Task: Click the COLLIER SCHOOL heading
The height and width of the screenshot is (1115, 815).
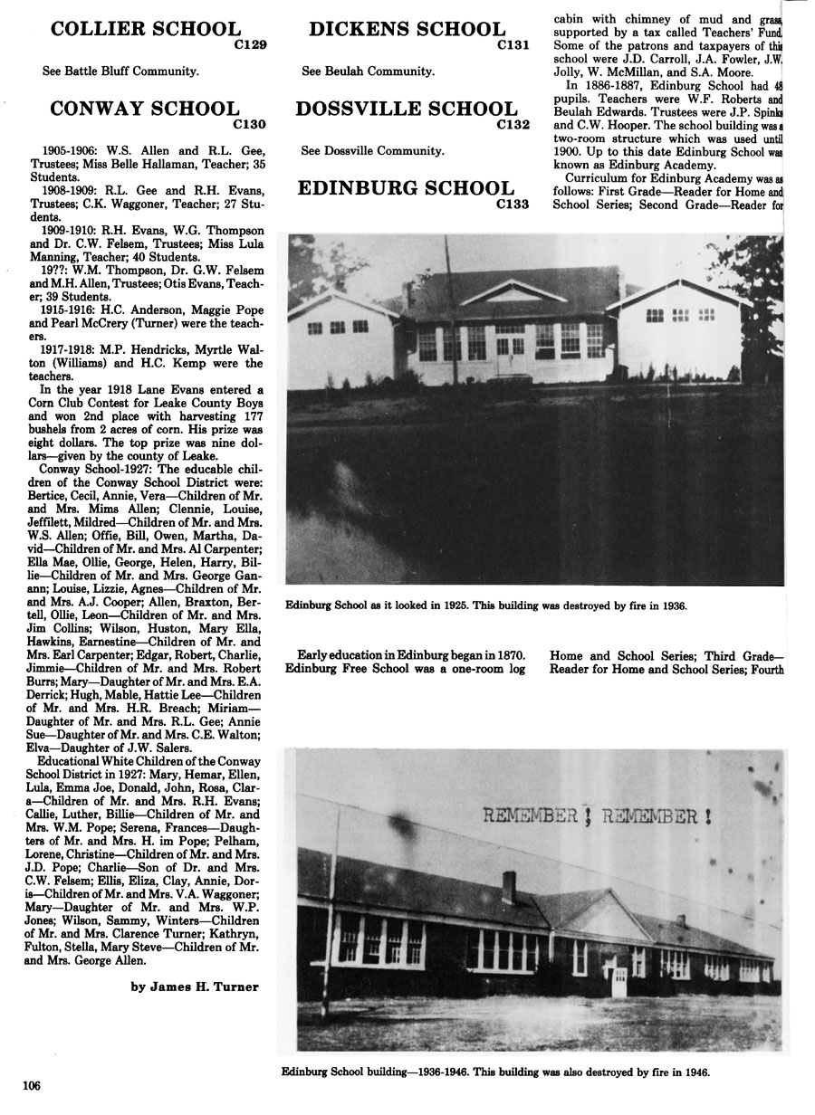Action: (146, 30)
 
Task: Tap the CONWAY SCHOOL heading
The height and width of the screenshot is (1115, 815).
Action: (144, 110)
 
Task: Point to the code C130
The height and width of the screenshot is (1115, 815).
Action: (249, 124)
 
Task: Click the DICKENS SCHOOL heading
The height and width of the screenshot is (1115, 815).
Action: (407, 30)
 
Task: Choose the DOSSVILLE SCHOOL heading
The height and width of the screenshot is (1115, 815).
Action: (407, 110)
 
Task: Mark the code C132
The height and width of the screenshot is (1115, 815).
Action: (513, 125)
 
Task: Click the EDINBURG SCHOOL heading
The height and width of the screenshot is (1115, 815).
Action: (405, 188)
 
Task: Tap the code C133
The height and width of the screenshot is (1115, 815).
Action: (513, 204)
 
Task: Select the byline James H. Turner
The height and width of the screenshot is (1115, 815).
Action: (194, 986)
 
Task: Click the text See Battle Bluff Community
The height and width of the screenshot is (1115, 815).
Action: (120, 70)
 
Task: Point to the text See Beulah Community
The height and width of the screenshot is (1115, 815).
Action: (368, 70)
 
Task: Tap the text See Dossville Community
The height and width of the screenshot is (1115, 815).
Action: (372, 150)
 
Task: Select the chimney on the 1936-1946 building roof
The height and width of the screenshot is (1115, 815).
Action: (509, 887)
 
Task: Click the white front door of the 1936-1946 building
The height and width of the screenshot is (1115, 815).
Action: (619, 980)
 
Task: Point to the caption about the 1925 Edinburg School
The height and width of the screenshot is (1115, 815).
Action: (486, 605)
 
